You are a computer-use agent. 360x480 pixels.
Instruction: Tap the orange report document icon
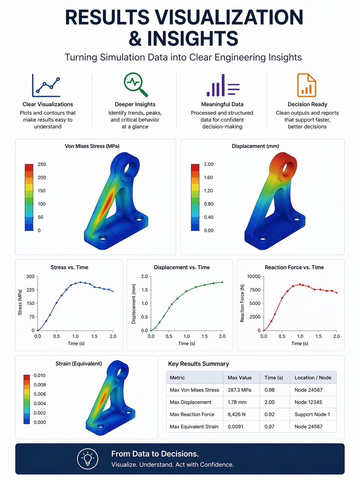(x=306, y=85)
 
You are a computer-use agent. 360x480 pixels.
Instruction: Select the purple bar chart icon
(x=223, y=85)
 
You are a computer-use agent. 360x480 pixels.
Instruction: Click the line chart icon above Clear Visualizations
(x=46, y=86)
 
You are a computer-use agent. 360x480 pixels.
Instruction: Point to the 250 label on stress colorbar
(x=42, y=164)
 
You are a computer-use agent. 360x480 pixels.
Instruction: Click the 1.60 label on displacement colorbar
(x=208, y=177)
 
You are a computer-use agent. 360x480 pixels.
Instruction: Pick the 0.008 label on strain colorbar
(x=40, y=385)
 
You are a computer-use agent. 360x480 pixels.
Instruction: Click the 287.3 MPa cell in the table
(x=239, y=390)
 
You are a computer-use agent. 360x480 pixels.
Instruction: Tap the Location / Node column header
(x=313, y=378)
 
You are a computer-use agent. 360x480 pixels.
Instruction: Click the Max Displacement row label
(x=190, y=402)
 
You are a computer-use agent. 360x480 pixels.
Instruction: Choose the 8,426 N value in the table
(x=236, y=414)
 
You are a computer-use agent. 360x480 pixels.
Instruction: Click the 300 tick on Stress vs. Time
(x=30, y=276)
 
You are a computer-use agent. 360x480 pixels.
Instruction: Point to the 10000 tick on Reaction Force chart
(x=254, y=276)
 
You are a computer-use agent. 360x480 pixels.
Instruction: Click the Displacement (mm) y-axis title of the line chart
(x=134, y=304)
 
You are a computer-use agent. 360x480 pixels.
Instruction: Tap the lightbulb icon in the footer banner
(x=88, y=459)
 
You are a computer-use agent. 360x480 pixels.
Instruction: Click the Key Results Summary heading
(x=199, y=364)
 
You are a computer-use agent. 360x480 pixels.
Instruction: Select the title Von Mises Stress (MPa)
(x=92, y=146)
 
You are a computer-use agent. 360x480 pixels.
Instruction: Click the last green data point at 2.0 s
(x=222, y=282)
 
